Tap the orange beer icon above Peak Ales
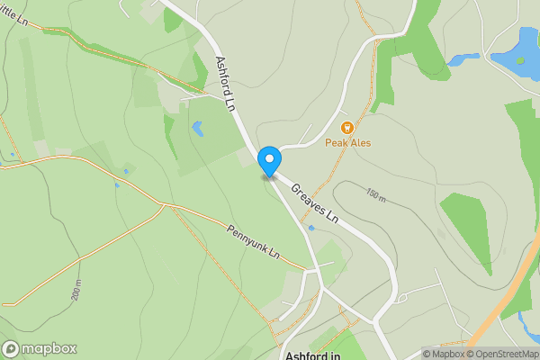[x=346, y=128]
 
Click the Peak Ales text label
[x=348, y=143]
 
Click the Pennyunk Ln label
[x=253, y=242]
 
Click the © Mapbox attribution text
[x=443, y=354]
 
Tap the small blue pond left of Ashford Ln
[x=197, y=129]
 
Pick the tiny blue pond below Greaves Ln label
[x=311, y=228]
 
